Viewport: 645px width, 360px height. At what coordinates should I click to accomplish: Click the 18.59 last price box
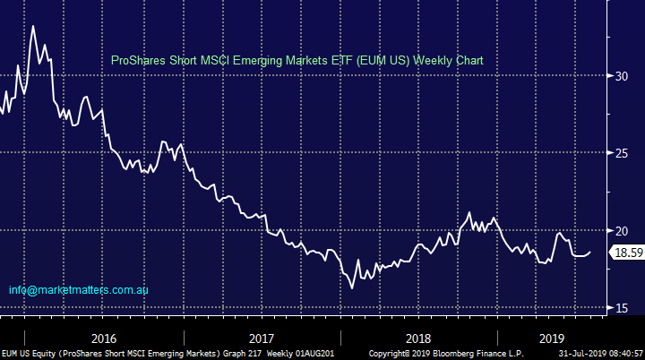[625, 253]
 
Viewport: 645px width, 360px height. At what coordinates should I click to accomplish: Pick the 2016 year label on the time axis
[103, 339]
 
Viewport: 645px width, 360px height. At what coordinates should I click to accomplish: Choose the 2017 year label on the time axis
[261, 339]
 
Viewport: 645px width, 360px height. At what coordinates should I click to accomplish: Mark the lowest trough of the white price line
[352, 288]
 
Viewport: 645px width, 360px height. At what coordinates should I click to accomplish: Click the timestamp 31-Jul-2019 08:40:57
[597, 354]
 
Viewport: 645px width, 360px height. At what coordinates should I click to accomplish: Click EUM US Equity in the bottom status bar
[28, 354]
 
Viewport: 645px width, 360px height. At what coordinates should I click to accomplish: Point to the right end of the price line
[590, 252]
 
